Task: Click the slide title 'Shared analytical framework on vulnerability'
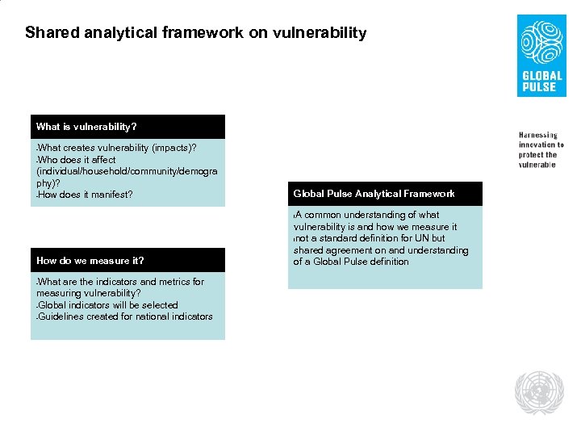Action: coord(195,33)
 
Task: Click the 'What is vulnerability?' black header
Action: coord(87,127)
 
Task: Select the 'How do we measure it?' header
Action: coord(90,260)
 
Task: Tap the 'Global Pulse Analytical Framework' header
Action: coord(374,194)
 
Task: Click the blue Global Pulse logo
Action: coord(541,55)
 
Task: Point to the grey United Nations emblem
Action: coord(541,392)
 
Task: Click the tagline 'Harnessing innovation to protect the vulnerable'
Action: coord(541,149)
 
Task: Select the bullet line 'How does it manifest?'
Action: coord(86,195)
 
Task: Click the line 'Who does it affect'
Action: coord(77,160)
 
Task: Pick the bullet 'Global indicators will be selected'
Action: coord(107,305)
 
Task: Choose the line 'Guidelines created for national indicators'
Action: coord(125,317)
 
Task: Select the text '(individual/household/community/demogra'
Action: coord(127,171)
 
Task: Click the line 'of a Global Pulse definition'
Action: coord(351,262)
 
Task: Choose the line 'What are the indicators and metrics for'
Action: coord(121,282)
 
